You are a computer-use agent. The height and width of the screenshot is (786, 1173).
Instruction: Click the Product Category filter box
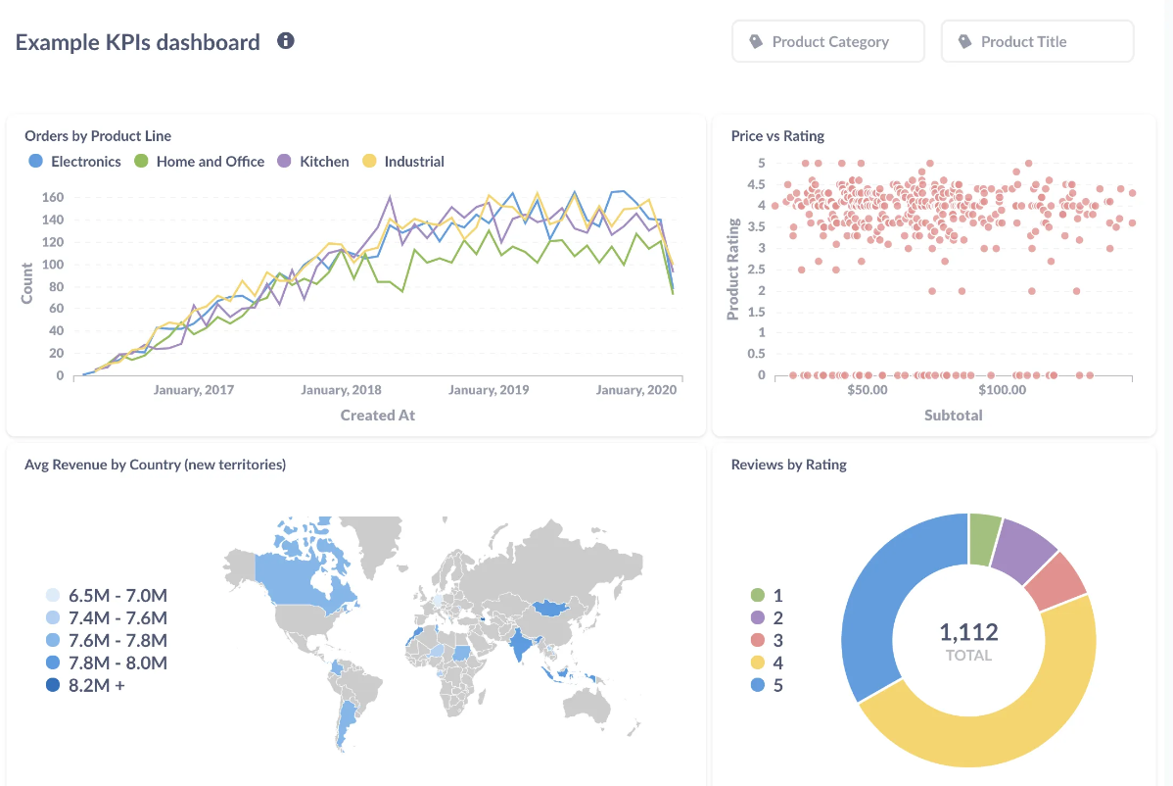[x=827, y=42]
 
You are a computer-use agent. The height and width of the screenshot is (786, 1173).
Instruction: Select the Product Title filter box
[x=1037, y=42]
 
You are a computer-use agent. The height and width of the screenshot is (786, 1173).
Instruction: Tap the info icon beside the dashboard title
[x=286, y=41]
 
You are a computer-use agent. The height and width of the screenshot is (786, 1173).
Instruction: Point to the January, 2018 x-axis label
[x=341, y=390]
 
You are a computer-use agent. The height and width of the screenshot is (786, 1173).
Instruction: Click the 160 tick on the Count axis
[x=53, y=197]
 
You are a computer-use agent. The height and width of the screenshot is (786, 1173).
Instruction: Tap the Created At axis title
[x=377, y=416]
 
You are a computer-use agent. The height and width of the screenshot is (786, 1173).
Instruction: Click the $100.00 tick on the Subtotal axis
[x=1002, y=390]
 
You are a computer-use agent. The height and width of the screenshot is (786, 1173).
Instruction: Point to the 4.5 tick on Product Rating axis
[x=755, y=184]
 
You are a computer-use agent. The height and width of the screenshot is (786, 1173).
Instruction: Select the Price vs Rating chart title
[x=777, y=136]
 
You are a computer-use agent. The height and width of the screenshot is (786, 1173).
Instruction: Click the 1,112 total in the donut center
[x=968, y=631]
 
